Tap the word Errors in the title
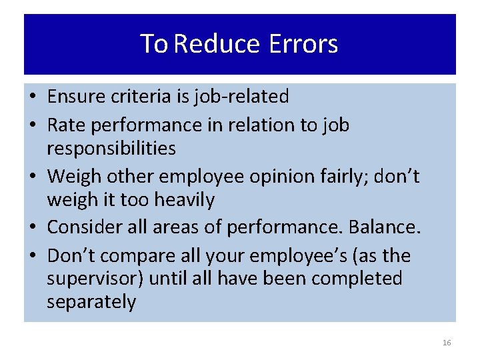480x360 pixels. pos(304,45)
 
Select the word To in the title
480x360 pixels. pos(153,45)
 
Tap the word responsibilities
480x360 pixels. pos(111,148)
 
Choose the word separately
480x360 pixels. pos(91,302)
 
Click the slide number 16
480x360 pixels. pos(447,343)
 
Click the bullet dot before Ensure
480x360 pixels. pos(33,97)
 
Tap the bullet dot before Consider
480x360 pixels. pos(33,228)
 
